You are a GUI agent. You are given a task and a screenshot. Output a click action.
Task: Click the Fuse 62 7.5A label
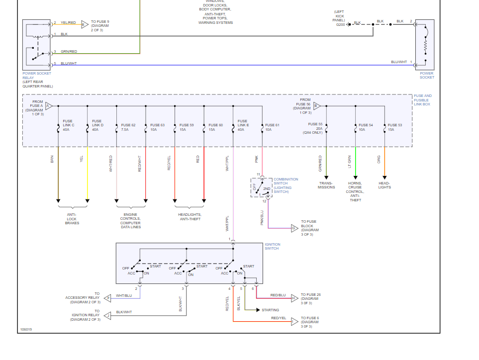[128, 127]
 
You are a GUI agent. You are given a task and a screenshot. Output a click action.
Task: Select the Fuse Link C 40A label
[68, 125]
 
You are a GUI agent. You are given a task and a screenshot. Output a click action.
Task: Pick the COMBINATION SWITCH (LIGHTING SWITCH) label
[286, 185]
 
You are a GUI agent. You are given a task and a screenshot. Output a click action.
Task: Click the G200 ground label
[340, 24]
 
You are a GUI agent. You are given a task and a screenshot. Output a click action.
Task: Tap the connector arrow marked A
[48, 106]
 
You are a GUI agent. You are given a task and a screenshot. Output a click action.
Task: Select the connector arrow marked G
[294, 228]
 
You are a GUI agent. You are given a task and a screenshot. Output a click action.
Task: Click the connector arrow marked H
[294, 298]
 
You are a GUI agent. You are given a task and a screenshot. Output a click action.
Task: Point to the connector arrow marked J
[107, 315]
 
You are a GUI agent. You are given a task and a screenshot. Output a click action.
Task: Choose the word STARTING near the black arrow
[271, 310]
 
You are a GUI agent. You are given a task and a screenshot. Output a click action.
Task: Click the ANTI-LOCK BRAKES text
[72, 219]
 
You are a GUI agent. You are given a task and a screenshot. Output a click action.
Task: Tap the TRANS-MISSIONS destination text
[326, 185]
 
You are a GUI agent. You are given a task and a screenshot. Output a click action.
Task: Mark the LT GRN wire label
[350, 161]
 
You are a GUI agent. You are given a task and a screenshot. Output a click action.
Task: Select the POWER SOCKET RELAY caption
[37, 80]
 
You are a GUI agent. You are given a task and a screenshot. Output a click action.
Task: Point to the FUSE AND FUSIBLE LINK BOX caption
[423, 100]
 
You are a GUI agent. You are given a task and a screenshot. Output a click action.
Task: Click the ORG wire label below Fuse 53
[379, 159]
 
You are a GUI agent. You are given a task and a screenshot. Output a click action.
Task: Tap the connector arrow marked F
[107, 298]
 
